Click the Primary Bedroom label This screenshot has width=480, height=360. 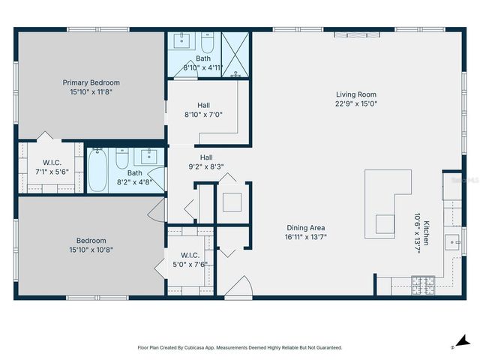click(91, 82)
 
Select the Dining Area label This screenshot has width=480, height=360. click(306, 227)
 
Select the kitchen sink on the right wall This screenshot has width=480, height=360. click(452, 241)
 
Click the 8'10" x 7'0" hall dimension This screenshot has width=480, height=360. click(203, 115)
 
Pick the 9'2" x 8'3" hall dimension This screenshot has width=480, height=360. click(205, 167)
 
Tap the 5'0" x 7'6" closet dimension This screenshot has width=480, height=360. click(190, 264)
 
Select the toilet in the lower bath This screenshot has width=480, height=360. click(122, 160)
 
